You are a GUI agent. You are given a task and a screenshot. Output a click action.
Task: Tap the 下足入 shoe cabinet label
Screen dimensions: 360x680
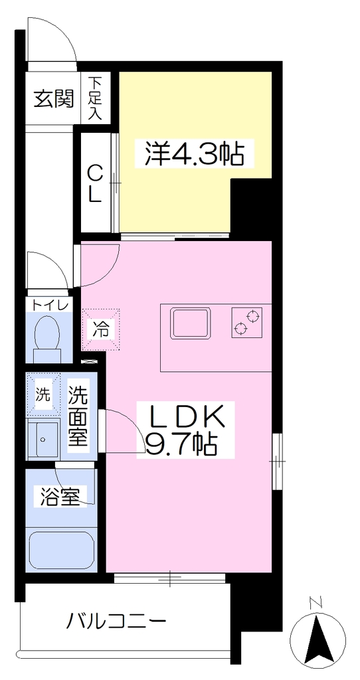click(96, 98)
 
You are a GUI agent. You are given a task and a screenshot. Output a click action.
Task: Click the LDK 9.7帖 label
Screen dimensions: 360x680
click(186, 430)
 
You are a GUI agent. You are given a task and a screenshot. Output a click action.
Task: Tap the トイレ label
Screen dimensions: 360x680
click(48, 305)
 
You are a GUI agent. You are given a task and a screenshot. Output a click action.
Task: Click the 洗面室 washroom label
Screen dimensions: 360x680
click(78, 417)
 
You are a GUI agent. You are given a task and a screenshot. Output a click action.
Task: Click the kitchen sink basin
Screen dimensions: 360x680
click(191, 323)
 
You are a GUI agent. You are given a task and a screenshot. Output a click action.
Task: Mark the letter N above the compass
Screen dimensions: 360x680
click(317, 602)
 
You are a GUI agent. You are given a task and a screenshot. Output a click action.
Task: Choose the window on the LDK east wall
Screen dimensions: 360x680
click(277, 461)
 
